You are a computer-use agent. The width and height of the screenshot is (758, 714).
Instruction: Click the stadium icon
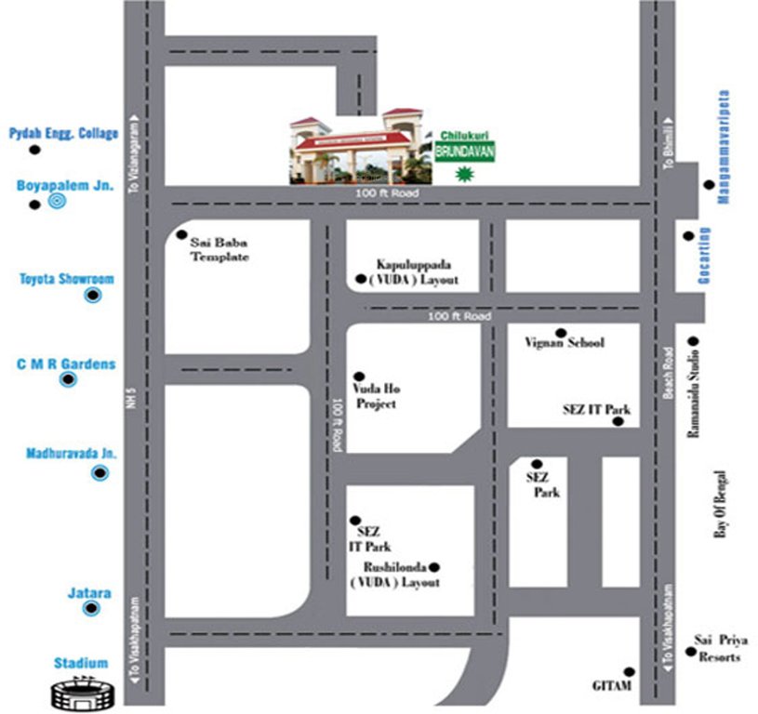point(83,693)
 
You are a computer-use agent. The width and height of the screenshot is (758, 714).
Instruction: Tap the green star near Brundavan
point(463,173)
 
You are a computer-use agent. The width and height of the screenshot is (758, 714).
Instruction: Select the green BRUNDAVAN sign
point(464,152)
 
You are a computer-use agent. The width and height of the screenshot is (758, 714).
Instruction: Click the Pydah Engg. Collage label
point(64,133)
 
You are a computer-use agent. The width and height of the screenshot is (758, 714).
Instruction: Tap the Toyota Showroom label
point(67,278)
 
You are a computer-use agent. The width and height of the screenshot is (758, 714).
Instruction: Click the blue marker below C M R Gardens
point(68,380)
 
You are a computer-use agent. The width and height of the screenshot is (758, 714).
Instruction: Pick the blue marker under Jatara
point(91,609)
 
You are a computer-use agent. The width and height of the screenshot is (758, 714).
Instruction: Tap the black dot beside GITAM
point(630,671)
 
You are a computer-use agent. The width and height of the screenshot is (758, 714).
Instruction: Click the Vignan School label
point(568,343)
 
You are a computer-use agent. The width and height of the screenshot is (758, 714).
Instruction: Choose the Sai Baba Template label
point(219,249)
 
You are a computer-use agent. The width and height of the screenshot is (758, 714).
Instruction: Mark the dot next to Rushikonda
point(433,567)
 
